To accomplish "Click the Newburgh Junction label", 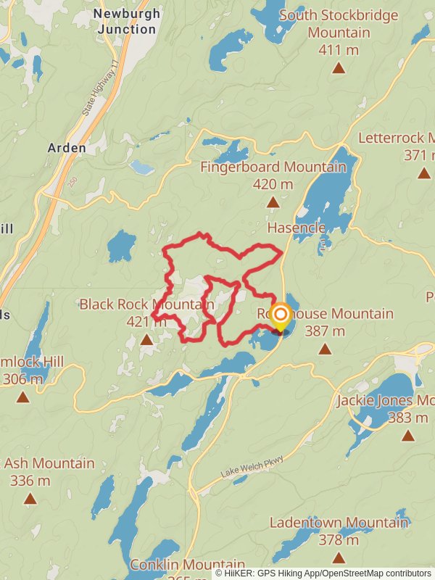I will point(125,22).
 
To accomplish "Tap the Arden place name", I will point(67,148).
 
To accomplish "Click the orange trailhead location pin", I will point(280,315).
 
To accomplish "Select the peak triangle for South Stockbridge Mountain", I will point(338,68).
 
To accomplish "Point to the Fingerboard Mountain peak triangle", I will point(273,202).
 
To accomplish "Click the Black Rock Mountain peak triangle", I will point(146,339).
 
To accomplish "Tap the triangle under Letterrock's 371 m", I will point(424,173).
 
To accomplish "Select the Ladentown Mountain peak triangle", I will point(339,558).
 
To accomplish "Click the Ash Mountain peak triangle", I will point(30,498).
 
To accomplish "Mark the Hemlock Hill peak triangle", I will point(23,397).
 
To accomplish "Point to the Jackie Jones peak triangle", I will point(408,435).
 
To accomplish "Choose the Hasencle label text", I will point(296,228).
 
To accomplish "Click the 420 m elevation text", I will point(273,184).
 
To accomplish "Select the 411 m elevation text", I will point(338,50).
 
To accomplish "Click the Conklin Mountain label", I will point(187,564).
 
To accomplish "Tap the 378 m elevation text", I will point(339,539).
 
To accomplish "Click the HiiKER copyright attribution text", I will point(323,573).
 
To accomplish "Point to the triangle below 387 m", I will point(325,349).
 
